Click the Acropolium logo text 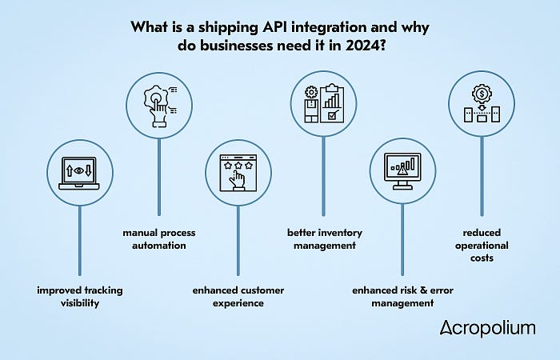pos(487,328)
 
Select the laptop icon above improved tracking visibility pos(80,170)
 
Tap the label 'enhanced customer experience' pos(238,295)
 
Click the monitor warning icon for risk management pos(402,170)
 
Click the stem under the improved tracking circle pos(80,240)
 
